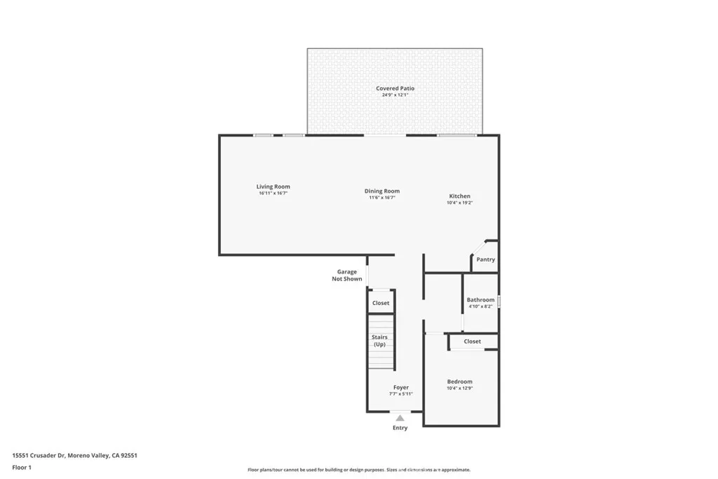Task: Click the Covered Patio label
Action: click(395, 88)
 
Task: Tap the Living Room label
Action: click(273, 187)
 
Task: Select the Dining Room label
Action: click(382, 191)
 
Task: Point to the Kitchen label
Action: click(460, 196)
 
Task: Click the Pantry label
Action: click(485, 259)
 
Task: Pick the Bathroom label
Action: click(480, 300)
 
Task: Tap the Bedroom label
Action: click(460, 382)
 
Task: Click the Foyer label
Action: click(400, 387)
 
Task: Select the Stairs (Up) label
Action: click(379, 341)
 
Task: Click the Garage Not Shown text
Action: click(347, 275)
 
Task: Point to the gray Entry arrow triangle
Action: click(400, 418)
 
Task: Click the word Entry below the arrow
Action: click(400, 428)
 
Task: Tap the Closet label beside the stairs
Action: click(381, 303)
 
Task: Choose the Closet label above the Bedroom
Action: click(473, 342)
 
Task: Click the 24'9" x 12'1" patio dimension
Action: click(395, 95)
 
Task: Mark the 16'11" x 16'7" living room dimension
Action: click(273, 193)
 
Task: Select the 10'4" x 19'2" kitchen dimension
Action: click(460, 203)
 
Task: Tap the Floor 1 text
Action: click(22, 466)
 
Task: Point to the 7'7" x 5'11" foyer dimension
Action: click(400, 393)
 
